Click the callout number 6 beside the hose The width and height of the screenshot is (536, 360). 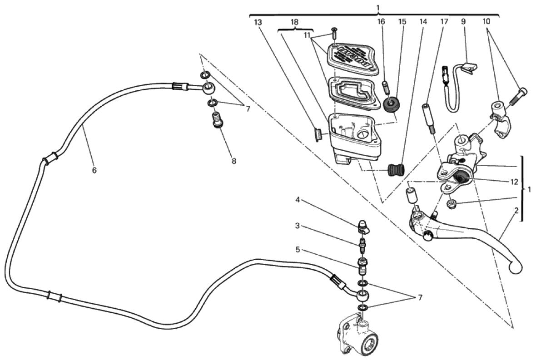point(94,170)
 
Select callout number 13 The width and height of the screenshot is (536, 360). point(258,22)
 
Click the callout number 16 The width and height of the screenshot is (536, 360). point(381,22)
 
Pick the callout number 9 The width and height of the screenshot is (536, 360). point(463,22)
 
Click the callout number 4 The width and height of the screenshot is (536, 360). point(297,200)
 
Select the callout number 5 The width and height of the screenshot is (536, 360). point(297,249)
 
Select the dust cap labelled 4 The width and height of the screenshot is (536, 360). point(363,224)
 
